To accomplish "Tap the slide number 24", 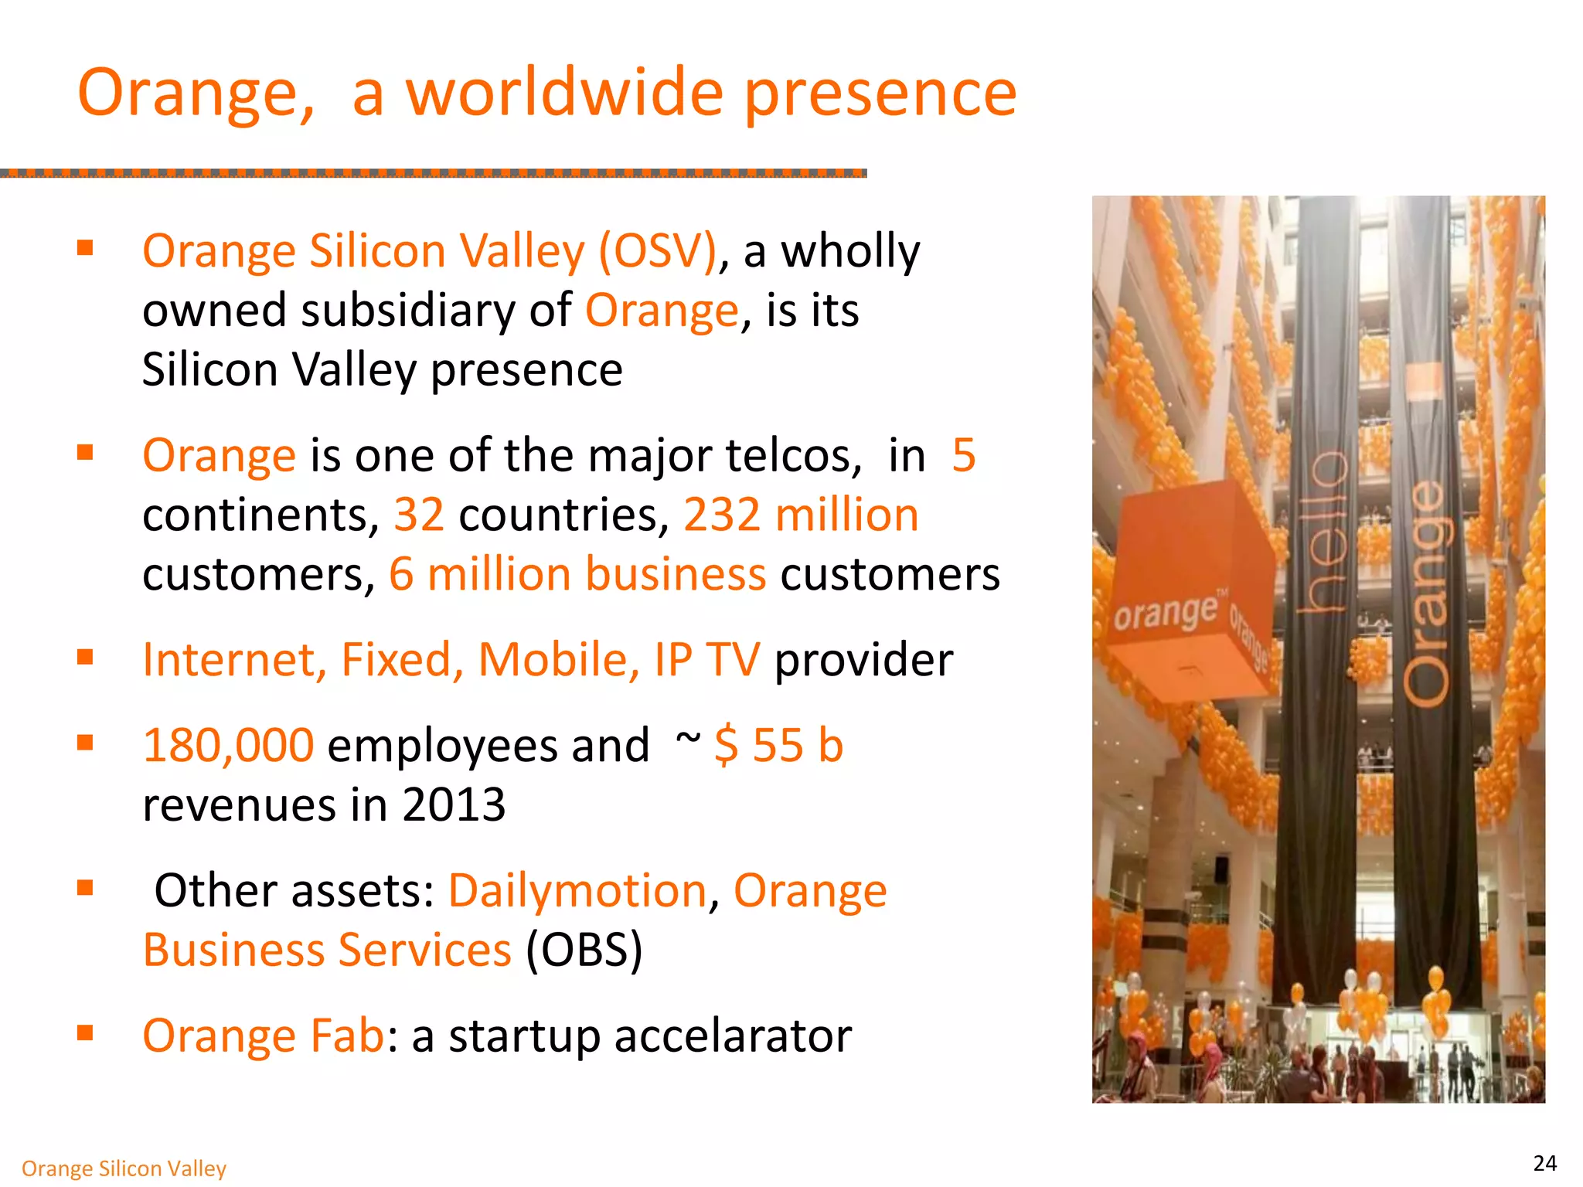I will click(x=1544, y=1163).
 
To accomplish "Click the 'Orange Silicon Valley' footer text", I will click(x=124, y=1168).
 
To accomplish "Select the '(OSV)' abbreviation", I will click(x=658, y=251).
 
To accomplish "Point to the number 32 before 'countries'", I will click(x=419, y=515).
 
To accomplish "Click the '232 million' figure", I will click(x=801, y=515).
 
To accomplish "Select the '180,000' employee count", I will click(x=228, y=746).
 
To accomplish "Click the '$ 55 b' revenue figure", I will click(x=778, y=746).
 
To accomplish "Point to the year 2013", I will click(x=454, y=805).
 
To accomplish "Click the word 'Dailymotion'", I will click(x=577, y=891).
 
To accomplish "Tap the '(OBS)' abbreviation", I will click(x=584, y=951).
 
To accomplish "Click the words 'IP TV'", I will click(x=706, y=660).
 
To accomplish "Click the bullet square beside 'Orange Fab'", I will click(x=85, y=1033).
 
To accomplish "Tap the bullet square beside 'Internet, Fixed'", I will click(x=85, y=658).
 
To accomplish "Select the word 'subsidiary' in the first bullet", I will click(x=407, y=311).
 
